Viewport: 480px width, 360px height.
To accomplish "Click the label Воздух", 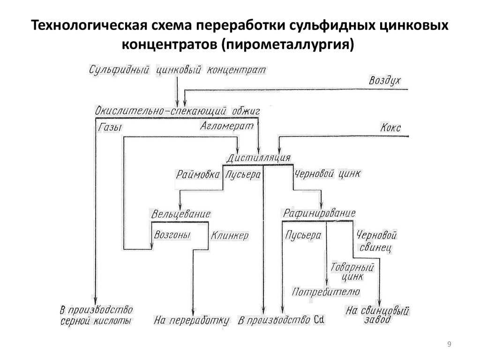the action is pos(385,80).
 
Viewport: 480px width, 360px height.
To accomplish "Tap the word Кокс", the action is pos(390,127).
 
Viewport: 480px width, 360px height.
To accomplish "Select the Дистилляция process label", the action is pos(259,157).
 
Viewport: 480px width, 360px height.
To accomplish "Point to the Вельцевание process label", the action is pos(181,214).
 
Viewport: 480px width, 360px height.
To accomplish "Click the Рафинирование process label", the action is pos(319,213).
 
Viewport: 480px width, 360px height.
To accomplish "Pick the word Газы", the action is pos(110,127).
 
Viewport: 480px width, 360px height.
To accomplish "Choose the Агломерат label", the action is pos(227,126).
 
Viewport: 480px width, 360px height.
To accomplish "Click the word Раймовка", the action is pos(198,174).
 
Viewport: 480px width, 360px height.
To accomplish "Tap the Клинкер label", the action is pos(230,235).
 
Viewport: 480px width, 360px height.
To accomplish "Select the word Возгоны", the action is pos(172,235).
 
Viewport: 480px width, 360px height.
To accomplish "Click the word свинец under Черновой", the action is pos(375,247).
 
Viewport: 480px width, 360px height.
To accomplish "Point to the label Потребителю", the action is pos(326,292).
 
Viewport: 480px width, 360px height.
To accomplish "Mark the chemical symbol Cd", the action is pos(319,320).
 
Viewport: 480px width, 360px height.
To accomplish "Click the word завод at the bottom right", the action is pos(377,320).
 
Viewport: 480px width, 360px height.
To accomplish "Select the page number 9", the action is pos(449,344).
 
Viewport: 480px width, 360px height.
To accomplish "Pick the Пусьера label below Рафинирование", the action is pos(303,235).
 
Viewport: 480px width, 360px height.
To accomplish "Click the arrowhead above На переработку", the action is pos(193,312).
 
